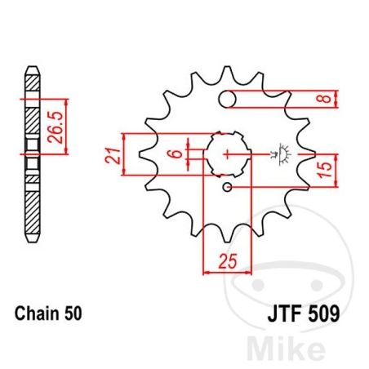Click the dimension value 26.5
tap(56, 127)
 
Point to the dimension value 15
tap(326, 169)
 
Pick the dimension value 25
tap(228, 261)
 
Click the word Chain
tap(37, 313)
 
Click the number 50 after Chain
tap(73, 313)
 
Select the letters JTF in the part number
tap(285, 313)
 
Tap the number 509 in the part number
tap(324, 313)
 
